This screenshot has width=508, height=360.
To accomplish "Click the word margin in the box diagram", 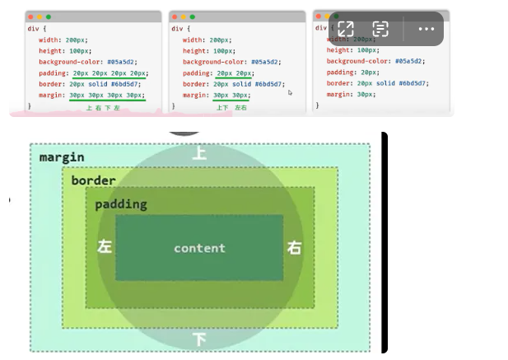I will [x=62, y=157].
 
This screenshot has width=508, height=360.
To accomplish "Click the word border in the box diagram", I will [x=93, y=180].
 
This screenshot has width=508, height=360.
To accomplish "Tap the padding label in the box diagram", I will [x=120, y=203].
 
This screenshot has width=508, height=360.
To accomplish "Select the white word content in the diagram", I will [x=199, y=248].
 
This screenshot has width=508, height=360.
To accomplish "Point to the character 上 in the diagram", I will [x=199, y=152].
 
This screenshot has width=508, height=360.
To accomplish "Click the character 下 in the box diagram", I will [x=199, y=339].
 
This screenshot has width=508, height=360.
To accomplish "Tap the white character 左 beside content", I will [x=105, y=247].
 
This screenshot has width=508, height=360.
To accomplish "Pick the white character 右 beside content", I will [x=294, y=247].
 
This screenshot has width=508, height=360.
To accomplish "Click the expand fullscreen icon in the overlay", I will [x=346, y=29].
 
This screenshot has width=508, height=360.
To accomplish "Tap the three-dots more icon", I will [x=426, y=29].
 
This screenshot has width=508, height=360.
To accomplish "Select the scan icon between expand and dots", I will [x=380, y=29].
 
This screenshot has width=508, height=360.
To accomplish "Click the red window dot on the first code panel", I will [x=30, y=16].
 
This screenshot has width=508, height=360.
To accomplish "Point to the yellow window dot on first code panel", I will [x=40, y=16].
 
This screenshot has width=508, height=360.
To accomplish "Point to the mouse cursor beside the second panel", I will [x=290, y=92].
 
